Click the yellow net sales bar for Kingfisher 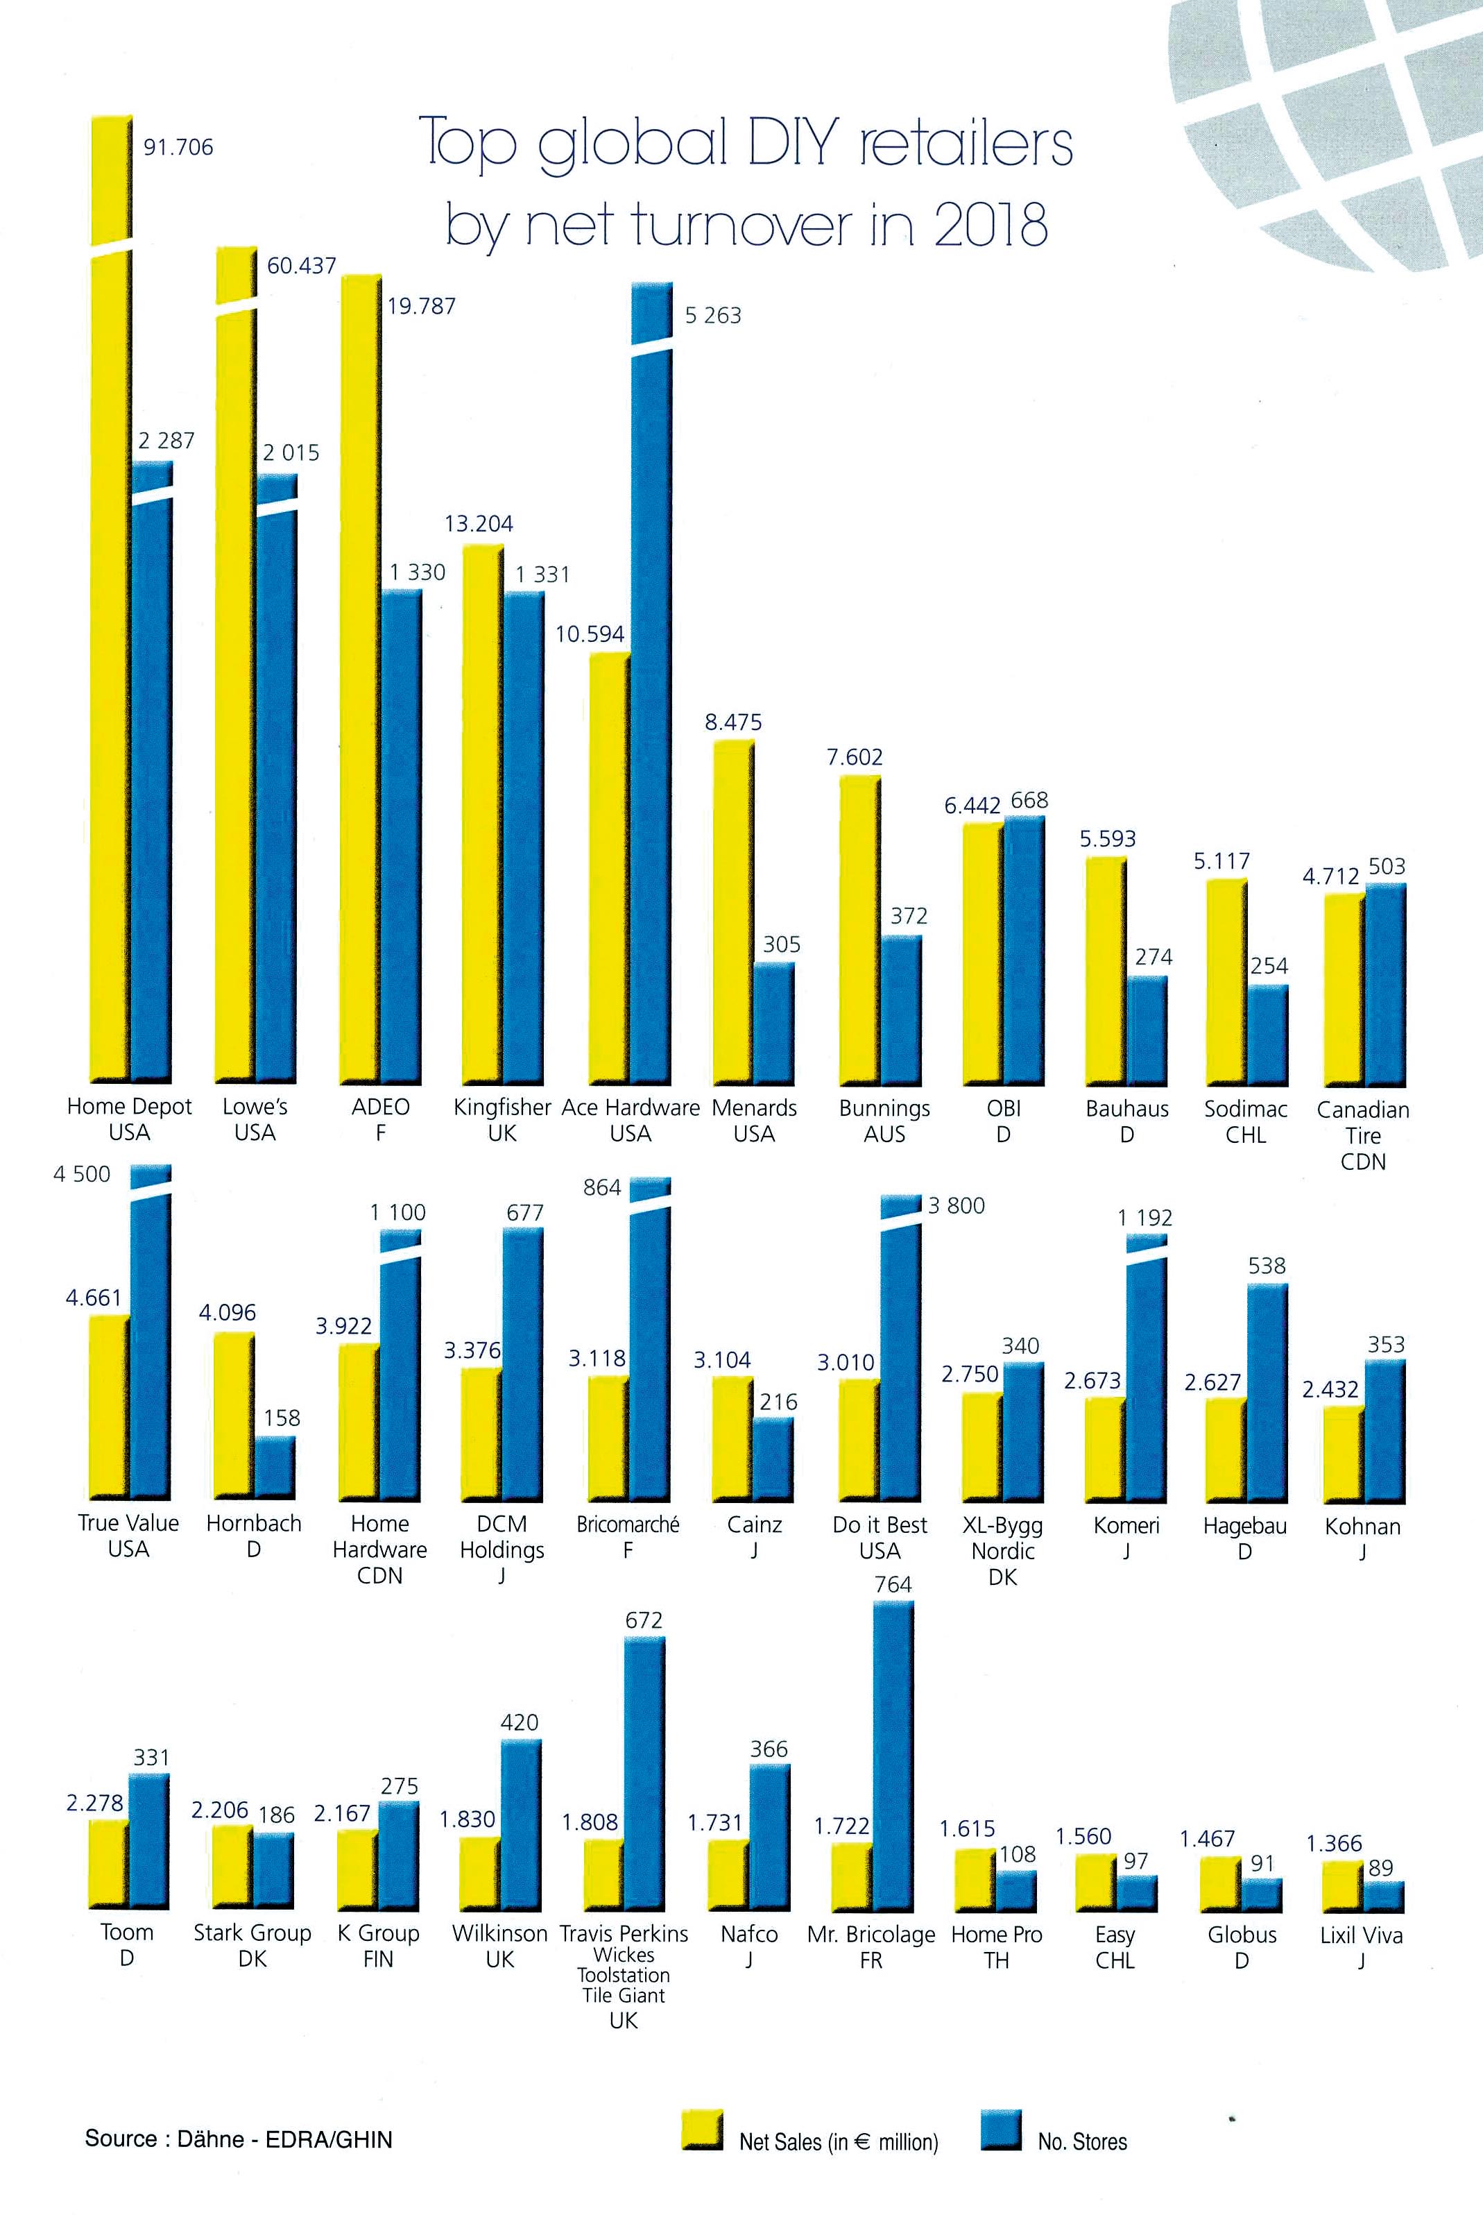tap(481, 813)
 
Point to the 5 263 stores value tap(712, 316)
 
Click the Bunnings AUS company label tap(884, 1121)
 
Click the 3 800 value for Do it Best tap(957, 1206)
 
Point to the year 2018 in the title tap(991, 225)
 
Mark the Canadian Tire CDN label tap(1363, 1135)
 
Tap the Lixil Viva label tap(1361, 1947)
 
